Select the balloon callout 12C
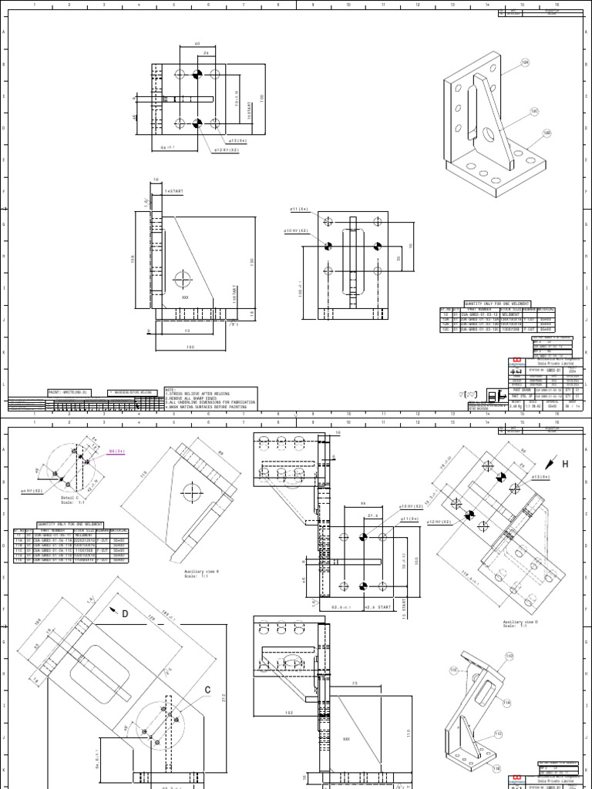coord(534,112)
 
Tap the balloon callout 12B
coord(547,133)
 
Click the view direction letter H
coord(564,465)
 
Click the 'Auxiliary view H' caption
coord(203,572)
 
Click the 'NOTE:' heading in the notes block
coord(171,389)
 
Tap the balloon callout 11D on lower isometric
coord(508,656)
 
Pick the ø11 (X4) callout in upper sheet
coord(298,209)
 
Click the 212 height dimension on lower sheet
coord(222,698)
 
